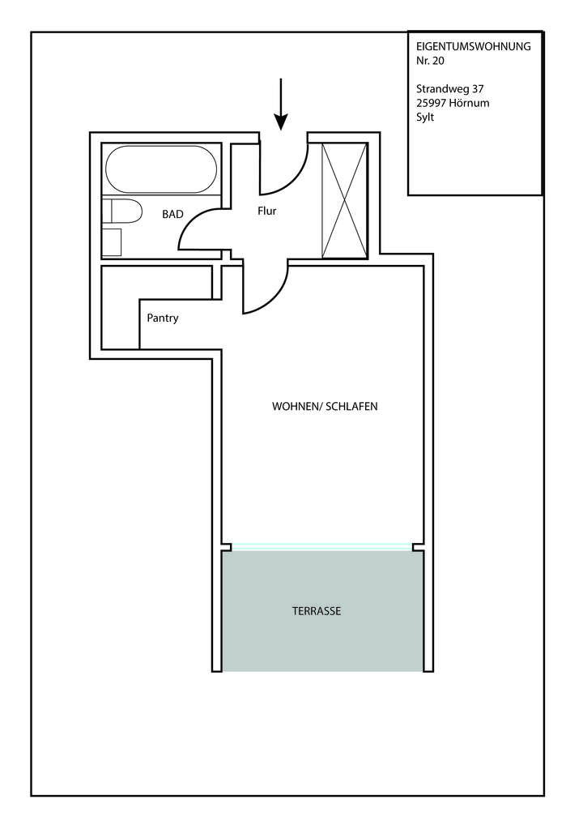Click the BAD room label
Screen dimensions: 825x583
click(x=172, y=214)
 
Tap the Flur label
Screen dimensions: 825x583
click(x=267, y=211)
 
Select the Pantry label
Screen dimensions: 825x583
click(x=163, y=318)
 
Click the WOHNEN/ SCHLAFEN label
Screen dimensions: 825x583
click(x=325, y=406)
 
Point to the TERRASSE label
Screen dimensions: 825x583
click(x=317, y=611)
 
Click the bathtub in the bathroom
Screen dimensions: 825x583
click(x=161, y=169)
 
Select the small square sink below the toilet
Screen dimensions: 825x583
click(x=112, y=242)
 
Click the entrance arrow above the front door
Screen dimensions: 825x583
click(x=281, y=105)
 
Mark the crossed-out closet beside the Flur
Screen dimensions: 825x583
click(x=345, y=200)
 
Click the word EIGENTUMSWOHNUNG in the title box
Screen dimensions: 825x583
click(x=473, y=46)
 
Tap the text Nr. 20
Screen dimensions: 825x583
click(x=430, y=60)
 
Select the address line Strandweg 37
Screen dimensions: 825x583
click(x=450, y=89)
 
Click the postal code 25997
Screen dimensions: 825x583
click(x=432, y=103)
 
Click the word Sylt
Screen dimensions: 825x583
click(x=425, y=118)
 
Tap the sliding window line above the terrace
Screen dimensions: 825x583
click(x=321, y=547)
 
